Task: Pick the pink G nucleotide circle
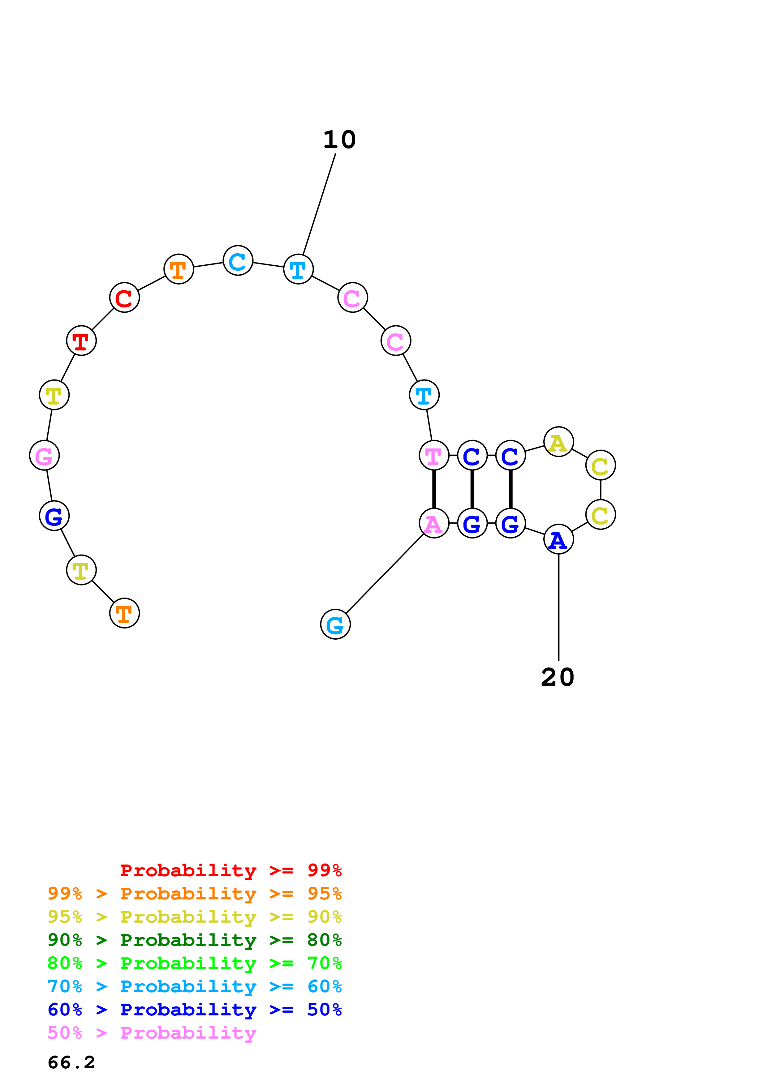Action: tap(45, 456)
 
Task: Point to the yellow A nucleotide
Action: tap(558, 442)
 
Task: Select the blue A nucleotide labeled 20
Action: tap(558, 539)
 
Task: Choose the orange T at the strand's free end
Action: tap(124, 613)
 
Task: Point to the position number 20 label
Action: tap(558, 677)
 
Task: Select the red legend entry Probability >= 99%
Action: tap(231, 870)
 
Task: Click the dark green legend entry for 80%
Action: tap(195, 940)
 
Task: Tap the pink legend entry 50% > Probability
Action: tap(152, 1033)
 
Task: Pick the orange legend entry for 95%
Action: tap(195, 894)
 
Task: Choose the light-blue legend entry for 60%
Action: tap(195, 986)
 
